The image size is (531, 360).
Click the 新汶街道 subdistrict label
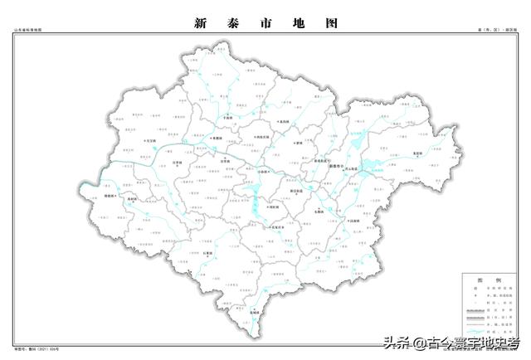[x=297, y=191]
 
